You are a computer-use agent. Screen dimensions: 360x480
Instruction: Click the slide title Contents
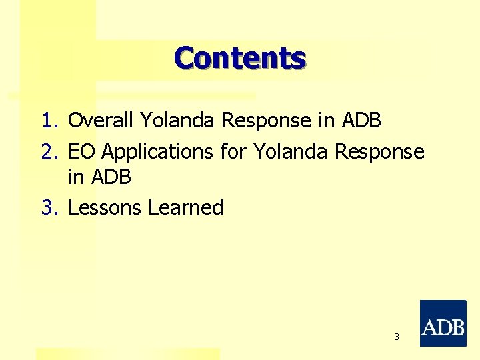pyautogui.click(x=240, y=58)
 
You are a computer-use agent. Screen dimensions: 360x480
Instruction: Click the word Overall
pyautogui.click(x=101, y=121)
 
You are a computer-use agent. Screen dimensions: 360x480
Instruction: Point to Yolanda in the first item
pyautogui.click(x=178, y=121)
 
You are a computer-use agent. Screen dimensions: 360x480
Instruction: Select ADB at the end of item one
pyautogui.click(x=361, y=121)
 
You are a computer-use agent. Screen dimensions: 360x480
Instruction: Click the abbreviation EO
pyautogui.click(x=81, y=152)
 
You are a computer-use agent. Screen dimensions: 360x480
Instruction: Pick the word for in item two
pyautogui.click(x=233, y=152)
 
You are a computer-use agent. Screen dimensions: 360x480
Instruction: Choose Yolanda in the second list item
pyautogui.click(x=291, y=152)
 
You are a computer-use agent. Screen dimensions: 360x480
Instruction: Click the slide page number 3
pyautogui.click(x=397, y=337)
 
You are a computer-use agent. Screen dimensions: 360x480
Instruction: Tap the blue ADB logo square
pyautogui.click(x=443, y=323)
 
